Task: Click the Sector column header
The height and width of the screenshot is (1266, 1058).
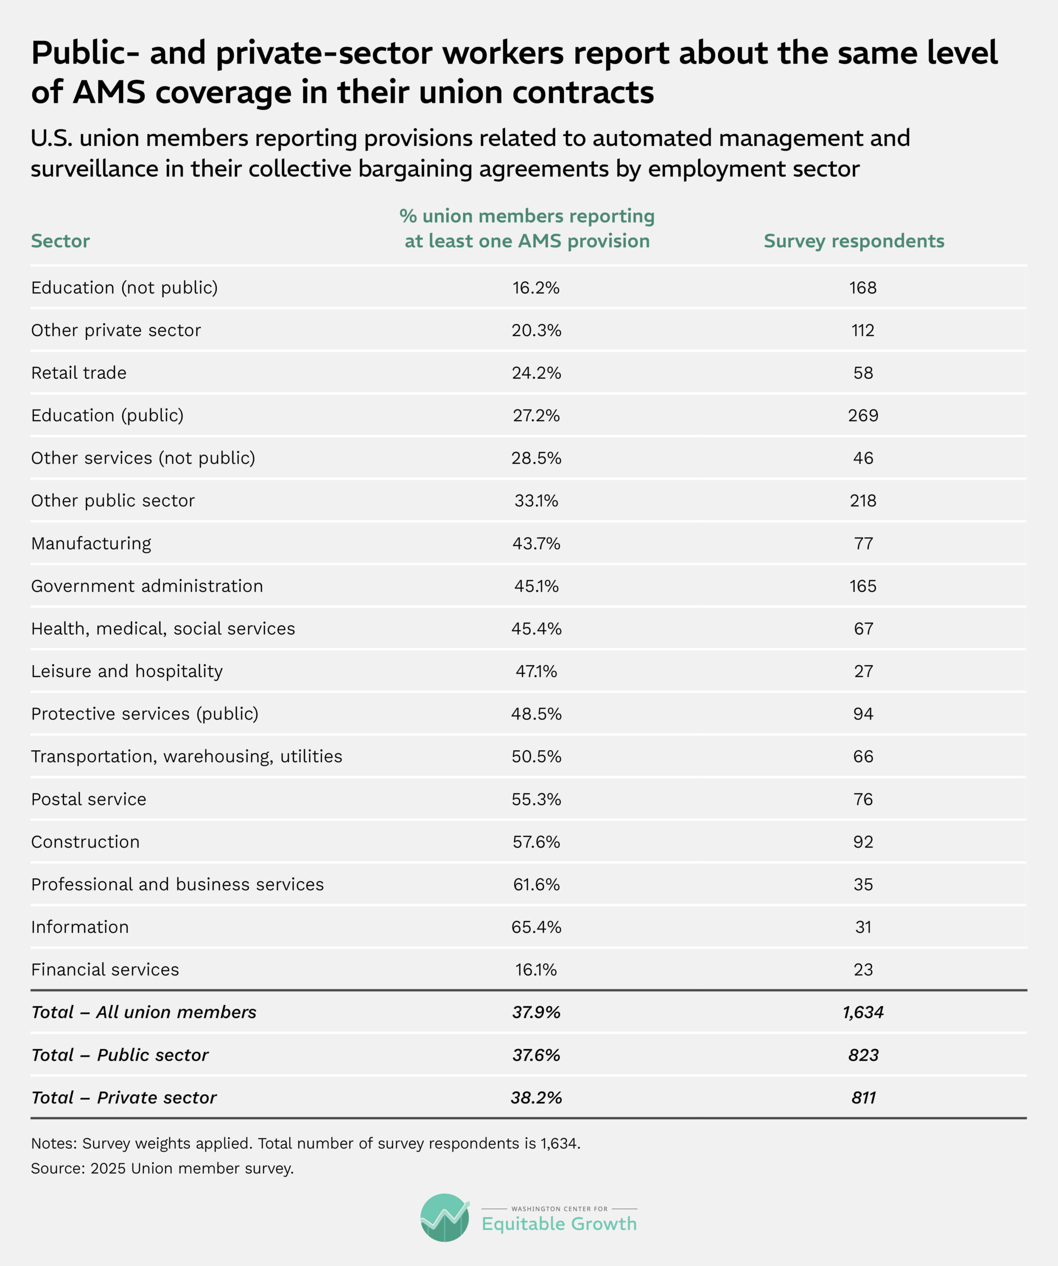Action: (x=60, y=241)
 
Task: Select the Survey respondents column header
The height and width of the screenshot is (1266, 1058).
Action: (x=854, y=241)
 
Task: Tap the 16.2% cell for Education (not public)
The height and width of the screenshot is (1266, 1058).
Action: (x=536, y=287)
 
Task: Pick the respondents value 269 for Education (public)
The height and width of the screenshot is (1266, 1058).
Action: (x=863, y=415)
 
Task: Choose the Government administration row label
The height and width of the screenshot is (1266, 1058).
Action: (x=147, y=586)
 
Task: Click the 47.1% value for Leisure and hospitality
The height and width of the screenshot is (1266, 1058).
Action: (x=536, y=672)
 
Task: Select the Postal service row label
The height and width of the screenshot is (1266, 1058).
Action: (x=89, y=799)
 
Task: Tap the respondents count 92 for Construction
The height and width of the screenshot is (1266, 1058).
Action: (x=863, y=842)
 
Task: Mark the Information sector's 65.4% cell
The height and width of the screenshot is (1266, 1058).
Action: (x=536, y=927)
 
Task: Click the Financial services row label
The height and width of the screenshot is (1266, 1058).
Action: (x=105, y=970)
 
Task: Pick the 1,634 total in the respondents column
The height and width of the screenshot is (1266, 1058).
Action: (x=863, y=1013)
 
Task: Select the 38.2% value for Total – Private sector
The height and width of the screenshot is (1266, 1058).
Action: (x=536, y=1098)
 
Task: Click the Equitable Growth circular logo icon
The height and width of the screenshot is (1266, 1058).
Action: (x=445, y=1217)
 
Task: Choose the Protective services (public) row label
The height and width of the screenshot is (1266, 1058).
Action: (x=145, y=714)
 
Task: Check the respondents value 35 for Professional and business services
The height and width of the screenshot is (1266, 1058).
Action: (x=863, y=884)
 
